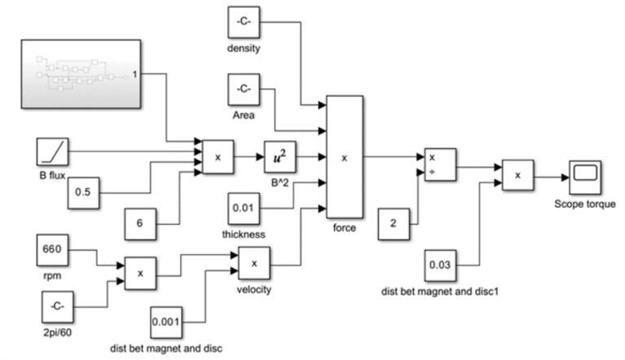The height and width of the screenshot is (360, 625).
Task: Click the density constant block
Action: [x=243, y=22]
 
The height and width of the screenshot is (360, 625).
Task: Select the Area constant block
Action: [x=243, y=89]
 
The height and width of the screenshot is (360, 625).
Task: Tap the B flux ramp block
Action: [x=54, y=152]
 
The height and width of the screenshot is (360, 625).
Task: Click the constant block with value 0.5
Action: [x=83, y=192]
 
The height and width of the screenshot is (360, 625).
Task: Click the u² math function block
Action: [x=279, y=158]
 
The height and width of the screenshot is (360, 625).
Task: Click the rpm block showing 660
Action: [x=54, y=247]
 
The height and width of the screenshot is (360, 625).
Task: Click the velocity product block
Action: [x=254, y=263]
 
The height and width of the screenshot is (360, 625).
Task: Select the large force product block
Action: [x=344, y=157]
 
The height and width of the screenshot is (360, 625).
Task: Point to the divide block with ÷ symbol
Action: [x=440, y=165]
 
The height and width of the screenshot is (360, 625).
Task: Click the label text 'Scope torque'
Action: [x=584, y=204]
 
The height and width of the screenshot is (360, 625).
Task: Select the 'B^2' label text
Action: [x=279, y=181]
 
